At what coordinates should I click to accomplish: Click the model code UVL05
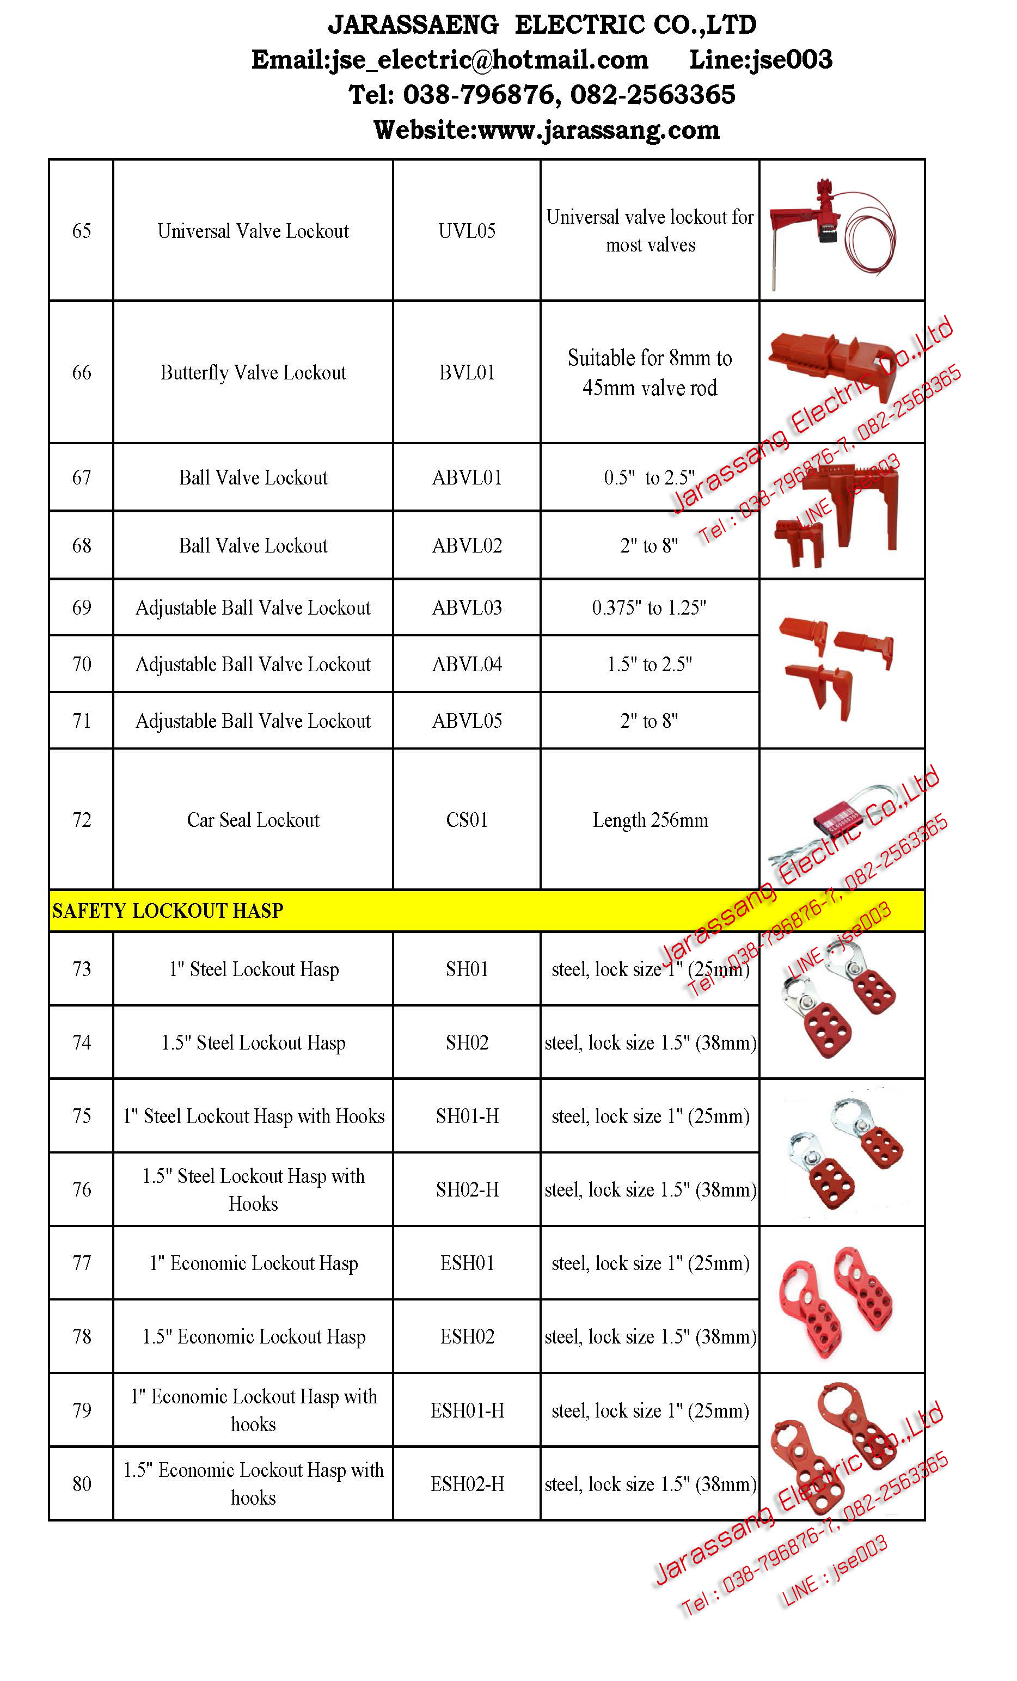pyautogui.click(x=467, y=231)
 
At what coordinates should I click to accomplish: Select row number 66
pyautogui.click(x=81, y=372)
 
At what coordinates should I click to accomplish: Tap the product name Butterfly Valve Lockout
pyautogui.click(x=253, y=372)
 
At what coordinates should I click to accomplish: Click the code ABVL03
pyautogui.click(x=467, y=607)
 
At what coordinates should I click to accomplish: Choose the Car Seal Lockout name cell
pyautogui.click(x=253, y=819)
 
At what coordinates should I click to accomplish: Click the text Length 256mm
pyautogui.click(x=650, y=819)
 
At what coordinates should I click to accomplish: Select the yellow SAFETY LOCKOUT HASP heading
pyautogui.click(x=168, y=911)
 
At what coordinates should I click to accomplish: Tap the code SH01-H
pyautogui.click(x=467, y=1116)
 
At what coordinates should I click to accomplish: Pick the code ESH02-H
pyautogui.click(x=467, y=1484)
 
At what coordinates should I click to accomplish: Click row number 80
pyautogui.click(x=81, y=1484)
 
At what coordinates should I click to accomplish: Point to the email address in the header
pyautogui.click(x=450, y=60)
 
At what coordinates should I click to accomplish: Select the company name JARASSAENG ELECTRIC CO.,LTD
pyautogui.click(x=542, y=25)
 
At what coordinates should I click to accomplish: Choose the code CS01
pyautogui.click(x=467, y=819)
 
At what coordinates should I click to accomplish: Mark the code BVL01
pyautogui.click(x=467, y=372)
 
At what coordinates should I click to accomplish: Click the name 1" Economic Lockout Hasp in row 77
pyautogui.click(x=253, y=1263)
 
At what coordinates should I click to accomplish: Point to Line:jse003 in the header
pyautogui.click(x=761, y=60)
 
